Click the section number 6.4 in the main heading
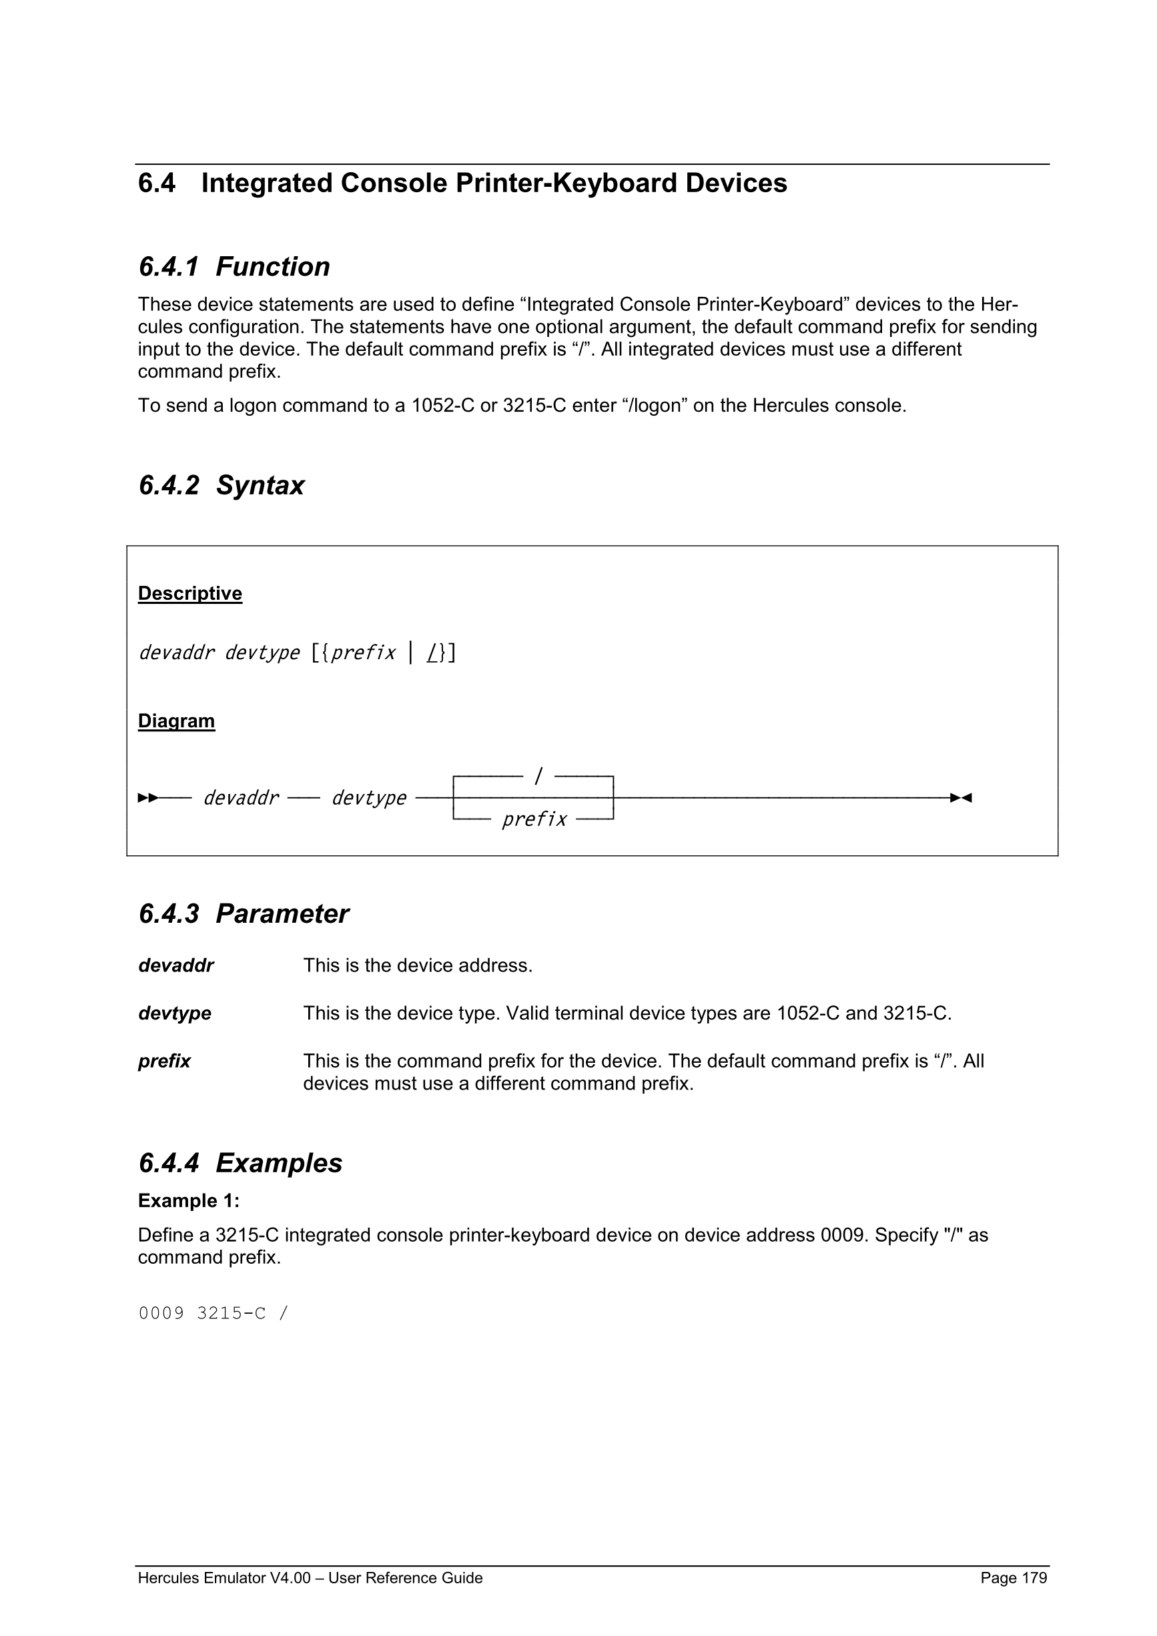click(x=157, y=184)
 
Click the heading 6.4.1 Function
click(x=234, y=267)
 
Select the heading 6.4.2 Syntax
click(x=221, y=486)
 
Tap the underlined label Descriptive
click(x=190, y=594)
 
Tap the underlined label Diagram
click(x=176, y=721)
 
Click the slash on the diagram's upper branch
click(x=538, y=775)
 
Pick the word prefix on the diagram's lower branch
click(x=534, y=819)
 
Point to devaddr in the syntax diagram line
click(x=241, y=798)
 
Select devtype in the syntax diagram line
click(x=369, y=798)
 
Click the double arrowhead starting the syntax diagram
click(x=148, y=798)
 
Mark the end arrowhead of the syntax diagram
click(x=961, y=798)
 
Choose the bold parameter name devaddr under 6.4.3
click(x=176, y=966)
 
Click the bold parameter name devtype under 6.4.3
click(x=175, y=1014)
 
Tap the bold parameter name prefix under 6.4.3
click(x=165, y=1062)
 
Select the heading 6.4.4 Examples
click(x=240, y=1164)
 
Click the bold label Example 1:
click(x=189, y=1202)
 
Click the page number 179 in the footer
click(x=1034, y=1578)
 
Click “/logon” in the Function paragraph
click(x=654, y=406)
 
